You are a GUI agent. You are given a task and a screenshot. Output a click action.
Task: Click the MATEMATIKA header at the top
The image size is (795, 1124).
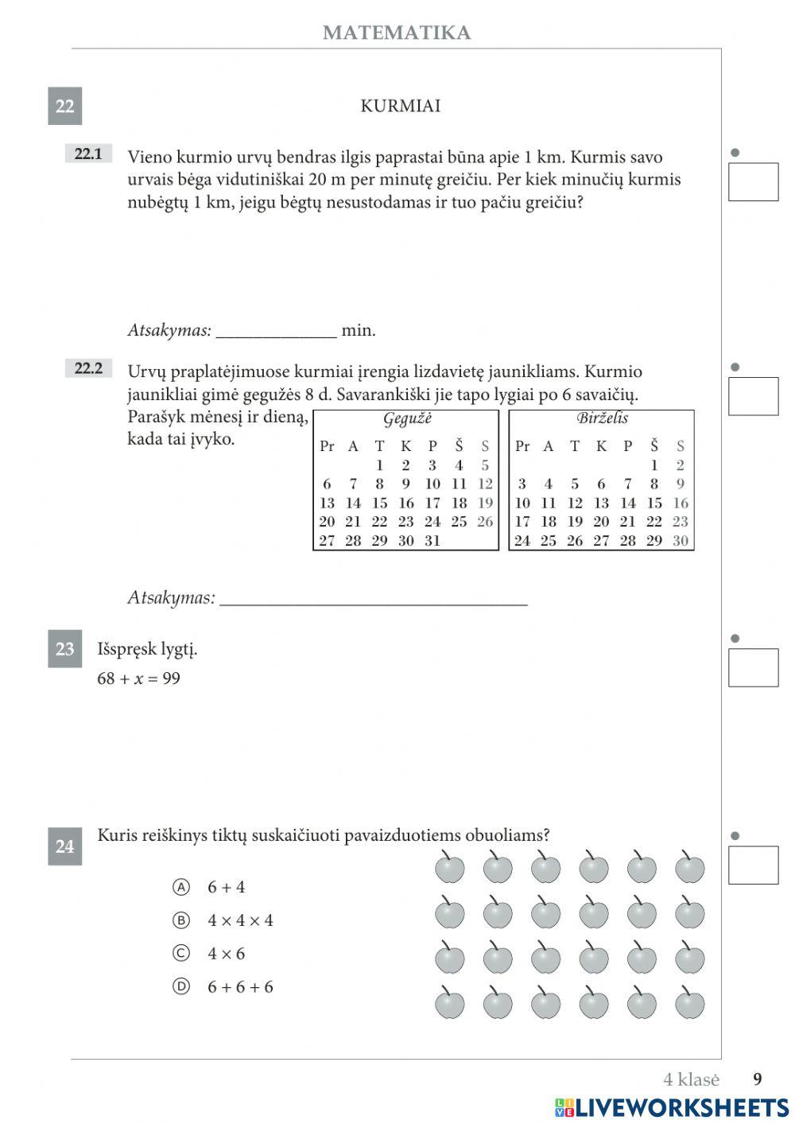pyautogui.click(x=396, y=33)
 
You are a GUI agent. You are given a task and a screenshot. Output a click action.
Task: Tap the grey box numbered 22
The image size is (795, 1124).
pyautogui.click(x=64, y=106)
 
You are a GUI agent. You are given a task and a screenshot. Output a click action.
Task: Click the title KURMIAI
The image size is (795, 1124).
pyautogui.click(x=400, y=106)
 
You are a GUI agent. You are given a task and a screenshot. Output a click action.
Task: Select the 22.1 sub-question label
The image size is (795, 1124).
pyautogui.click(x=87, y=154)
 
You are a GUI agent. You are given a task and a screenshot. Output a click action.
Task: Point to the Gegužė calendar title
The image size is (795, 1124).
pyautogui.click(x=406, y=419)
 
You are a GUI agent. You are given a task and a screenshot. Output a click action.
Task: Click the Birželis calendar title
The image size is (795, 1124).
pyautogui.click(x=601, y=418)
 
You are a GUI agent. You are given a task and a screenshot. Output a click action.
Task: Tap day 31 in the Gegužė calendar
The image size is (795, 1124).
pyautogui.click(x=432, y=541)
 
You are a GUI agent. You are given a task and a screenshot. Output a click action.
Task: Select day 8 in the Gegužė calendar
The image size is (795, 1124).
pyautogui.click(x=379, y=484)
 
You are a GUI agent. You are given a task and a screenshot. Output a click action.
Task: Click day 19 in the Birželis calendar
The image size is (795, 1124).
pyautogui.click(x=574, y=522)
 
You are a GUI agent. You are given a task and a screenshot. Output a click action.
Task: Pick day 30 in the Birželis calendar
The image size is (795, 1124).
pyautogui.click(x=680, y=541)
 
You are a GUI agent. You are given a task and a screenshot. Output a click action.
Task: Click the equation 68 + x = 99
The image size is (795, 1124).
pyautogui.click(x=138, y=679)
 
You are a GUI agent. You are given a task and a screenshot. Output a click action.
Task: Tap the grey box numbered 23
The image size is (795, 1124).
pyautogui.click(x=64, y=649)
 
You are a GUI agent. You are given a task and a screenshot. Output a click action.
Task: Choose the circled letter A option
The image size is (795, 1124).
pyautogui.click(x=181, y=887)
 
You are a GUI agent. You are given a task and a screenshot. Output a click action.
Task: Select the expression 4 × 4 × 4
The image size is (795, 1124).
pyautogui.click(x=240, y=920)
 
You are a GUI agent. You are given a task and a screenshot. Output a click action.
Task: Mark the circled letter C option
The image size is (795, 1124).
pyautogui.click(x=181, y=953)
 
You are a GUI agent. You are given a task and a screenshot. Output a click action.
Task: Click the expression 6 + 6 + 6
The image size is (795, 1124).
pyautogui.click(x=240, y=987)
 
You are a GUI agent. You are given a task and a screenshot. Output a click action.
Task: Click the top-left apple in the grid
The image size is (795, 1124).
pyautogui.click(x=449, y=867)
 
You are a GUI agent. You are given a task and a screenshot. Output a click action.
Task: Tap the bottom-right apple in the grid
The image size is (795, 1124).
pyautogui.click(x=689, y=1003)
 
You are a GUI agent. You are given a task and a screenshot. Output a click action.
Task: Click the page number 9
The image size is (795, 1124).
pyautogui.click(x=757, y=1079)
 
